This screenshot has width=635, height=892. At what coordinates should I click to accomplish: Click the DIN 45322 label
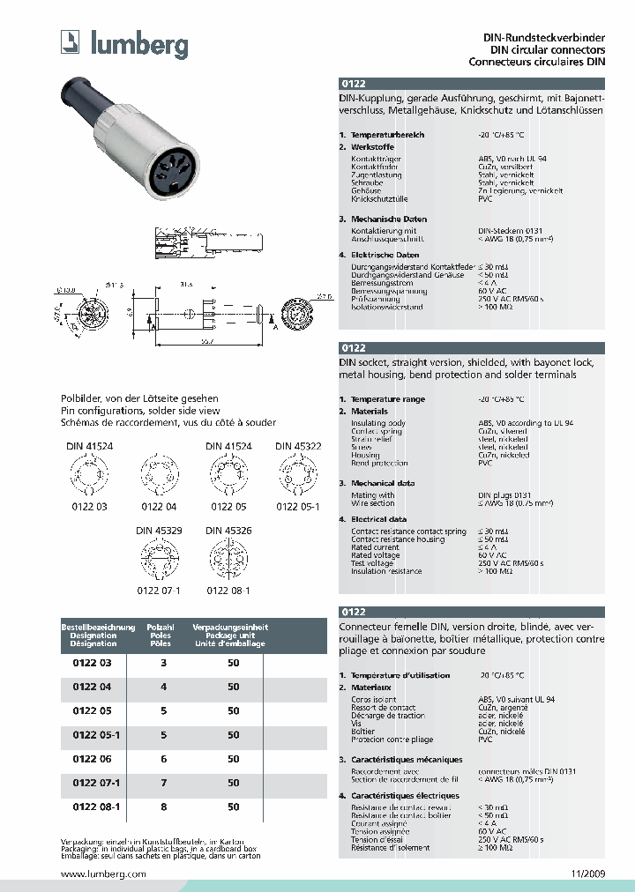297,447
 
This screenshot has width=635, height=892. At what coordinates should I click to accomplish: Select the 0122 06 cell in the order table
86,758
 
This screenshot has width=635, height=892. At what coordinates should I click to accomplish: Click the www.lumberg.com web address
103,873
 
